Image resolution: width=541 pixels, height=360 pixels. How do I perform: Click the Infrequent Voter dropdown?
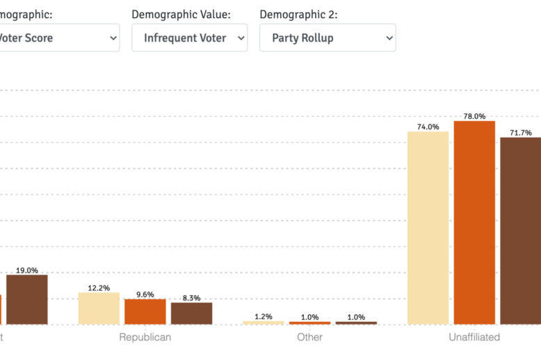(x=189, y=38)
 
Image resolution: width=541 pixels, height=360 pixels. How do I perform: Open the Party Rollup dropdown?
(x=328, y=38)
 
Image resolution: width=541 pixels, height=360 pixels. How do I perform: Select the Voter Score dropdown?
(x=59, y=38)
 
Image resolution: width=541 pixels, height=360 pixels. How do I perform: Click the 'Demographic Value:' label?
(x=181, y=14)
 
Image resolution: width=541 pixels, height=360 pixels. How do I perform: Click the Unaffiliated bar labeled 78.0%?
(x=474, y=222)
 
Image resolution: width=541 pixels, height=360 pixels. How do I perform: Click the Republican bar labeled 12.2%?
(x=99, y=309)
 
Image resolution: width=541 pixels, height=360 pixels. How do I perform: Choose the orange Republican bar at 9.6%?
(x=145, y=311)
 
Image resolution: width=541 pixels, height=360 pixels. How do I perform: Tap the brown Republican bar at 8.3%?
(x=191, y=313)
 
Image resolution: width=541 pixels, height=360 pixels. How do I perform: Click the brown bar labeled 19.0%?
(x=27, y=300)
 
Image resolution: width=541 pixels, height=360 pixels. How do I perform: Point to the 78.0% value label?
(x=475, y=116)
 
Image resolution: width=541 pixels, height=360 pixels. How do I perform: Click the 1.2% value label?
(x=264, y=317)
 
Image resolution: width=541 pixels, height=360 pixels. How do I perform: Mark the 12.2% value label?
(x=99, y=288)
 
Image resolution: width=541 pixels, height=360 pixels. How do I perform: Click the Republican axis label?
(x=145, y=337)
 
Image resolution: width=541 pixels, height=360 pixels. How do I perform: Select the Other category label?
(x=309, y=337)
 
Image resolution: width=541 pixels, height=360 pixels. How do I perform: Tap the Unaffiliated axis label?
(x=474, y=337)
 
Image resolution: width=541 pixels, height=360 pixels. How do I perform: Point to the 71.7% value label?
(x=521, y=133)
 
